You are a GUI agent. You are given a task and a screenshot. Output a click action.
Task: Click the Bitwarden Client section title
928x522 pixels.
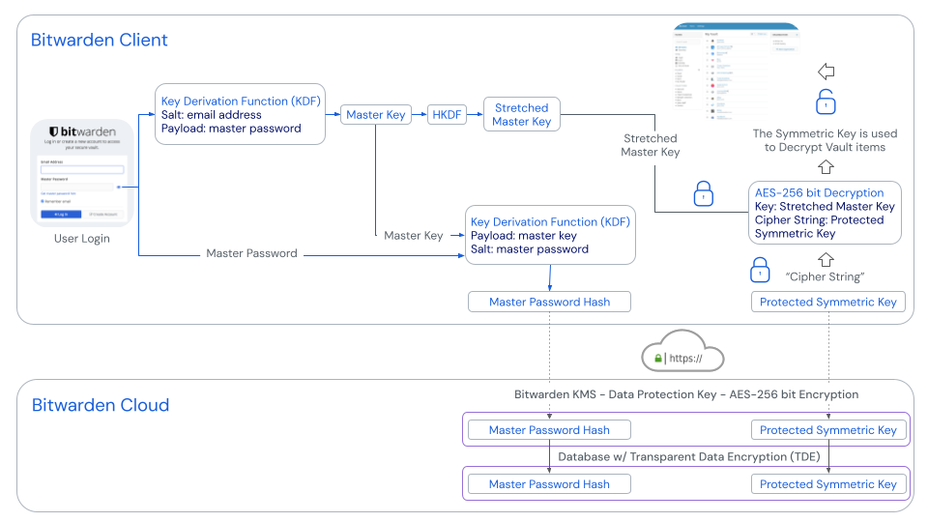click(100, 41)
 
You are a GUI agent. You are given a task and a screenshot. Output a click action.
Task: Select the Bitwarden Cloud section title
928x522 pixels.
click(101, 405)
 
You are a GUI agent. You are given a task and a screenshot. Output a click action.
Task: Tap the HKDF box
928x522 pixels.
click(447, 115)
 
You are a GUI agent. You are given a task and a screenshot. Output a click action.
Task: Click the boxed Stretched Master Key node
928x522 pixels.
click(521, 115)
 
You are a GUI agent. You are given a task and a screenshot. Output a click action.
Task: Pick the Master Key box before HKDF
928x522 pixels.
click(376, 115)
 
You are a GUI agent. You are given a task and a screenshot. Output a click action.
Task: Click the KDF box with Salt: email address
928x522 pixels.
click(241, 114)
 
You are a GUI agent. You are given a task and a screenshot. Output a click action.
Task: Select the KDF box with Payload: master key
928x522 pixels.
click(550, 235)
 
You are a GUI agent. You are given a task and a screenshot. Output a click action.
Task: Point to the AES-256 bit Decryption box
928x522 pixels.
click(825, 213)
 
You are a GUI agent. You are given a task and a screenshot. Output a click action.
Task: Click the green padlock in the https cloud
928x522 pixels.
click(658, 359)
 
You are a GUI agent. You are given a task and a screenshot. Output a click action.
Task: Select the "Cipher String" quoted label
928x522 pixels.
click(825, 276)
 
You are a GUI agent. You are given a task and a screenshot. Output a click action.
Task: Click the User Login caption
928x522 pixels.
click(82, 238)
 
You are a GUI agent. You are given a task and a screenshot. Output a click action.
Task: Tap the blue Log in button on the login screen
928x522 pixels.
click(61, 214)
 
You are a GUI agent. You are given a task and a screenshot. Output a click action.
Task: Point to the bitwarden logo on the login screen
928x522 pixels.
click(82, 131)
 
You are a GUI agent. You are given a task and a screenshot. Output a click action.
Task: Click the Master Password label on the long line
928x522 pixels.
click(251, 253)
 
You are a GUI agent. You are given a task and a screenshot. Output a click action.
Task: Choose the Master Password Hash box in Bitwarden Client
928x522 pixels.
click(549, 302)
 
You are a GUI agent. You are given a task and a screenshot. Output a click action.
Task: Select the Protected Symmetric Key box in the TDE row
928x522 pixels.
click(828, 484)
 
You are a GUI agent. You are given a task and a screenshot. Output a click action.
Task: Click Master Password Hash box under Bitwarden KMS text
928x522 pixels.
click(549, 430)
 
